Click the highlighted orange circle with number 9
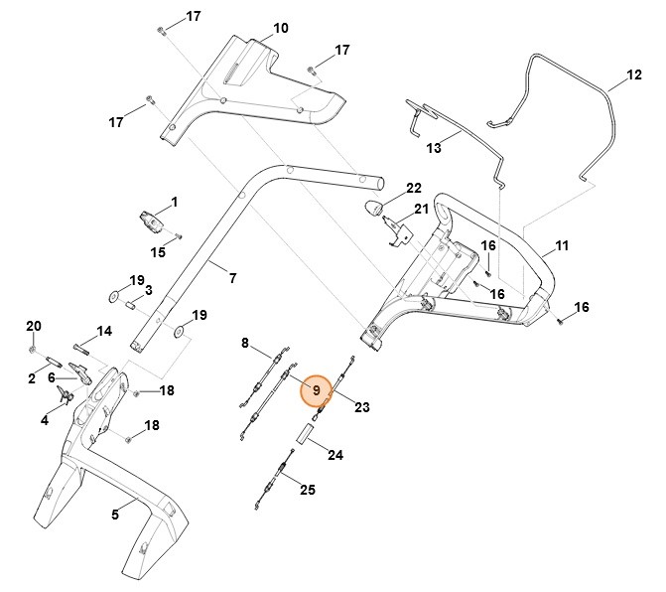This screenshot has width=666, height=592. [316, 390]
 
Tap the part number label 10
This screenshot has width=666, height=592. [281, 28]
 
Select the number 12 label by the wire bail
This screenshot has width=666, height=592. [634, 74]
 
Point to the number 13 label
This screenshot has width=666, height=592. [433, 147]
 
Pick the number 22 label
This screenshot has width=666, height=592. [414, 188]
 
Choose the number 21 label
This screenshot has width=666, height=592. [421, 209]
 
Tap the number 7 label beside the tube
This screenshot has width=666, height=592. [232, 278]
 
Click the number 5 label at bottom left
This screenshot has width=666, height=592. [115, 514]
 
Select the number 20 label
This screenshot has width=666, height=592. [33, 326]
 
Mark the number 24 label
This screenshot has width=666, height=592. [335, 456]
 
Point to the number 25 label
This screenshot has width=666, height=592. [308, 490]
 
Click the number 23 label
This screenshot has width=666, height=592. [361, 406]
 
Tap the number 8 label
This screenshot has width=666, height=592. [245, 343]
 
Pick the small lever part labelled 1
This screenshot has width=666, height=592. [150, 217]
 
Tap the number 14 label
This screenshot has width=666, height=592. [104, 331]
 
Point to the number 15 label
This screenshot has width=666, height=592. [157, 252]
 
